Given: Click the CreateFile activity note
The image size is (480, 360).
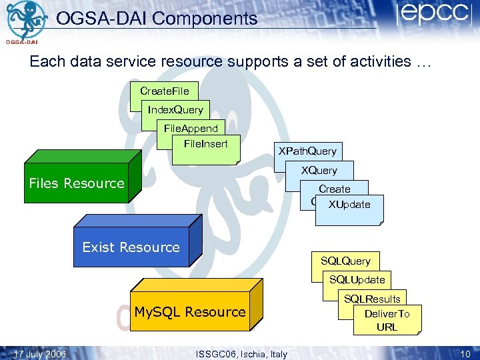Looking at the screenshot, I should (x=164, y=91).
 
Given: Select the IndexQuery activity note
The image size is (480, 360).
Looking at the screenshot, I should (x=175, y=109).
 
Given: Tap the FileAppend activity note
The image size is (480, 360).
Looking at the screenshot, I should (x=191, y=128).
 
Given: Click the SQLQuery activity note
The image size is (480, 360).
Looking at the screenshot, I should (x=345, y=261).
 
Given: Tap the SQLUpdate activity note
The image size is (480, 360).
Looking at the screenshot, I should (x=357, y=280).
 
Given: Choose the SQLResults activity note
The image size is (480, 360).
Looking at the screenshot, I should (x=372, y=298).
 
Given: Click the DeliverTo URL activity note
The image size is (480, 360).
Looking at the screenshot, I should (x=387, y=320).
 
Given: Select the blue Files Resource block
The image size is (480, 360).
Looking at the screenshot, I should (x=77, y=183).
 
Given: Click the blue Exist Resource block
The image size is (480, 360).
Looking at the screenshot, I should (x=131, y=247).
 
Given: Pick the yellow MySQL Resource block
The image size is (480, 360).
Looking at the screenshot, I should (x=190, y=312).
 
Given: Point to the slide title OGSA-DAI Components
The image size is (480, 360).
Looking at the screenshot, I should (x=157, y=19).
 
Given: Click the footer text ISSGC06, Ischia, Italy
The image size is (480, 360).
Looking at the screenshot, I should (x=241, y=354).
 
